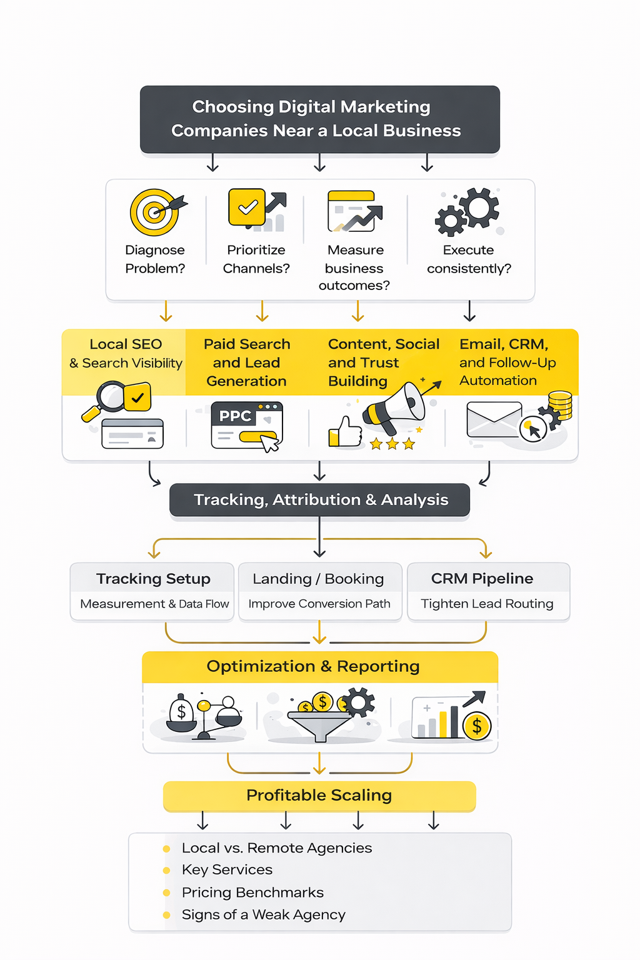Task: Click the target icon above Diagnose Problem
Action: click(154, 212)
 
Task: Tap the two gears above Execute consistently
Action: click(467, 211)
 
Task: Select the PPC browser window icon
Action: click(247, 425)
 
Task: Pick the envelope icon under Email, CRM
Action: click(494, 419)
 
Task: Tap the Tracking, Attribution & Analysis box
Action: click(319, 500)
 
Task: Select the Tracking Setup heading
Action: click(153, 579)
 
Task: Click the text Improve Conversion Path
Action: click(319, 604)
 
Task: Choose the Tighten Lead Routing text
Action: click(487, 604)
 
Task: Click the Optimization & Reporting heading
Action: click(313, 666)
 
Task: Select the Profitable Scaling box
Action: click(319, 796)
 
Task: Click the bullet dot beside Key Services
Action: click(166, 871)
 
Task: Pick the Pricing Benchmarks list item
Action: click(252, 892)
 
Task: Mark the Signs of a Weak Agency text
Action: click(263, 915)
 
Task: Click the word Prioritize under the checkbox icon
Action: click(256, 250)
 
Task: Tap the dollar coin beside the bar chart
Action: click(477, 726)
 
